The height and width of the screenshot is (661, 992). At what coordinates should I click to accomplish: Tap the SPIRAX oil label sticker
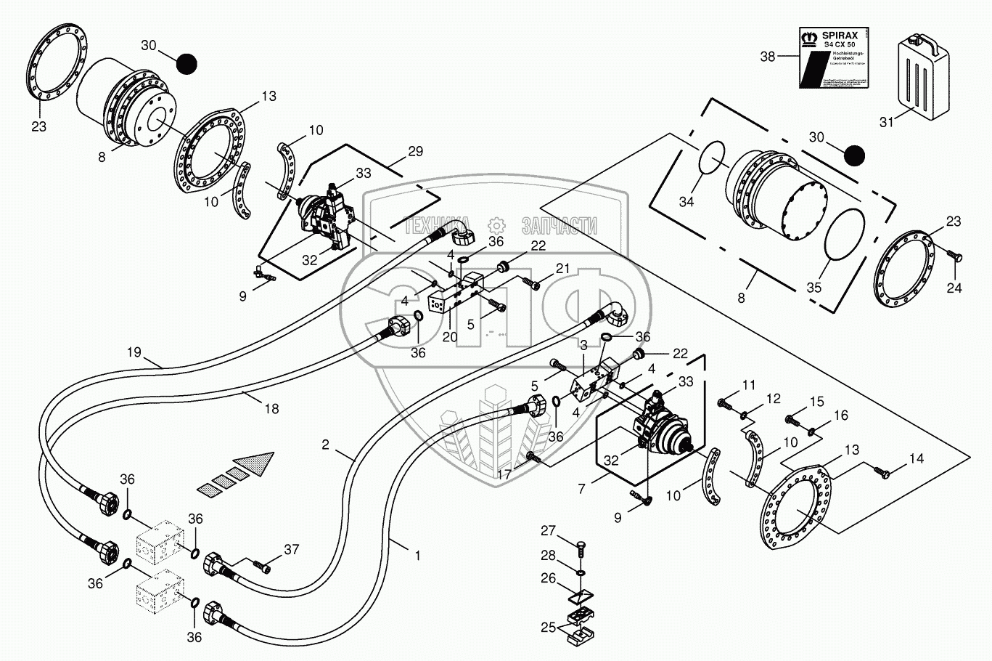[x=835, y=57]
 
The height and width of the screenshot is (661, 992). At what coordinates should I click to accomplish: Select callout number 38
[x=768, y=56]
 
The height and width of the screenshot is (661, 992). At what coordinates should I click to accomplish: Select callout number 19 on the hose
[x=134, y=352]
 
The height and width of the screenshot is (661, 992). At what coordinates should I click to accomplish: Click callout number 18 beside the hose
[x=271, y=408]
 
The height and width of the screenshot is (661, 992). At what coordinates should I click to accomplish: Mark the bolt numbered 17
[x=533, y=456]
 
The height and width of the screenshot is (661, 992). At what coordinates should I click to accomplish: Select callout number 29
[x=415, y=151]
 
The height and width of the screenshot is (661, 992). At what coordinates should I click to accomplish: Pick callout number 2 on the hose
[x=326, y=444]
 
